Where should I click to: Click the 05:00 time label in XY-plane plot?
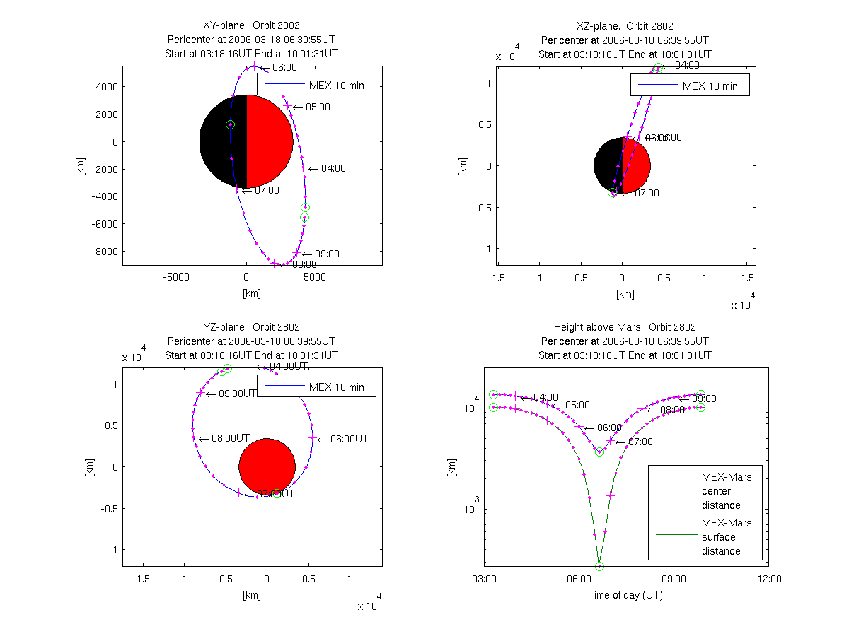point(318,107)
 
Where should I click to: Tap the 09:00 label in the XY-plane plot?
point(326,254)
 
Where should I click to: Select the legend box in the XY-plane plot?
point(316,83)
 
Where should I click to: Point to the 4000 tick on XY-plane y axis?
point(108,87)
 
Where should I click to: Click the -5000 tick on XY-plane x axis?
point(177,277)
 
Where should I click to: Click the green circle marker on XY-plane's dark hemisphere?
point(230,124)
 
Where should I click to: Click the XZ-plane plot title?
point(625,26)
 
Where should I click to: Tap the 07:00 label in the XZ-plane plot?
point(646,193)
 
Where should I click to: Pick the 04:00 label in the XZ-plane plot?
point(686,65)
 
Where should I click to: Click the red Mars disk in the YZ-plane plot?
point(267,466)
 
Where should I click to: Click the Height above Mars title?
point(625,327)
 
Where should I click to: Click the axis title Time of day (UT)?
point(625,595)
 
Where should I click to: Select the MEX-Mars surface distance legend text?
point(726,537)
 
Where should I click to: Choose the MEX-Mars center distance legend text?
point(726,491)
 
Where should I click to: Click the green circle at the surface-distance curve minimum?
point(599,566)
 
